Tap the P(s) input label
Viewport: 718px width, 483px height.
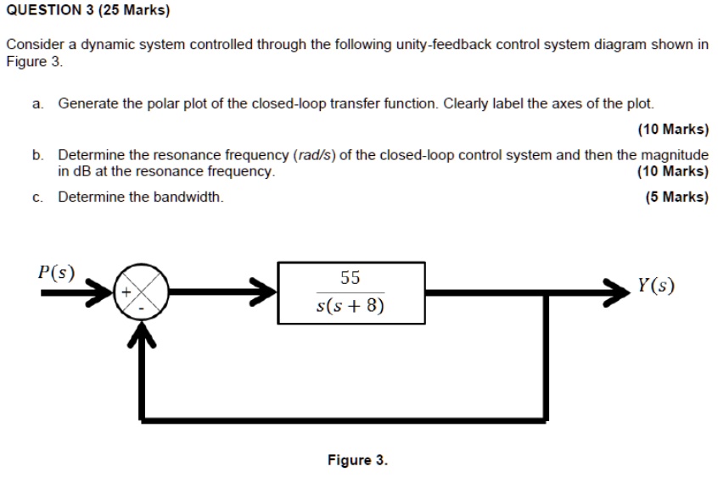point(57,274)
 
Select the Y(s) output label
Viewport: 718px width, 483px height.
point(657,285)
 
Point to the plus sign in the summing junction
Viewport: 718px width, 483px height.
point(126,291)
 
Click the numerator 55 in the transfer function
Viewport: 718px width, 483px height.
point(350,278)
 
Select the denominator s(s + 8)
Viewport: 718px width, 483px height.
point(350,305)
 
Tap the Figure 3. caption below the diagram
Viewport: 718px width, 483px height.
point(357,460)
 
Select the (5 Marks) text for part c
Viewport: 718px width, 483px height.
point(676,197)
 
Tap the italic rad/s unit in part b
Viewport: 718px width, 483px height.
point(313,155)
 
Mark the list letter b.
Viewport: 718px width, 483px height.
point(37,155)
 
